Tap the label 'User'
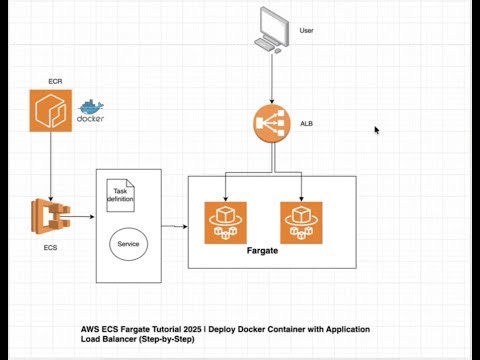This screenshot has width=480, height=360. coord(307,31)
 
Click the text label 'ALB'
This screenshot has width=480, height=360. coord(307,124)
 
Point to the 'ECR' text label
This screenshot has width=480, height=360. coord(55,80)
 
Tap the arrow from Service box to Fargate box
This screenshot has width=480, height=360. coord(172,226)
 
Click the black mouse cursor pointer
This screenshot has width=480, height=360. coord(377,130)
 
